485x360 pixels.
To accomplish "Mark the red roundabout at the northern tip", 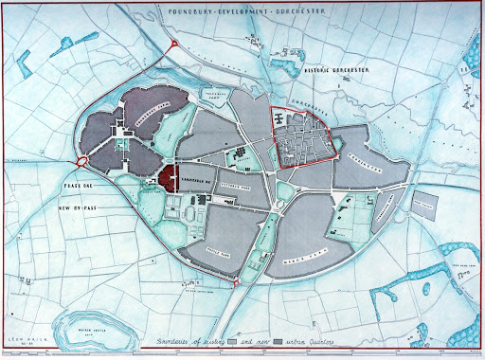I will (x=174, y=48).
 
